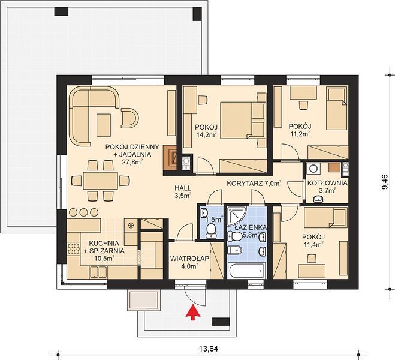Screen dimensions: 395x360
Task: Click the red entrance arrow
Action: point(193,313)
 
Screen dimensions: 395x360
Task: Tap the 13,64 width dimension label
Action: point(209,349)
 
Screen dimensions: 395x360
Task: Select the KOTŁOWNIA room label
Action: point(327,183)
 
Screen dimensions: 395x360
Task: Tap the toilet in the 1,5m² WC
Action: point(210,230)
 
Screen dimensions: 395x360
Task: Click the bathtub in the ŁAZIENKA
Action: point(246,271)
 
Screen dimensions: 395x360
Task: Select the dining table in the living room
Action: point(101,181)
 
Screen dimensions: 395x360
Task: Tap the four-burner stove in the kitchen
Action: point(73,248)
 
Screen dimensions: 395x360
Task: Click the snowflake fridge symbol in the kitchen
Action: point(131,226)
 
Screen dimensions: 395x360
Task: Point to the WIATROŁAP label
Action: point(189,259)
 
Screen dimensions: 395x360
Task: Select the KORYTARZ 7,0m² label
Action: point(254,183)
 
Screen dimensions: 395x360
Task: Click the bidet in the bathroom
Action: point(234,250)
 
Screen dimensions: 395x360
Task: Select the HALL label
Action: point(183,188)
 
